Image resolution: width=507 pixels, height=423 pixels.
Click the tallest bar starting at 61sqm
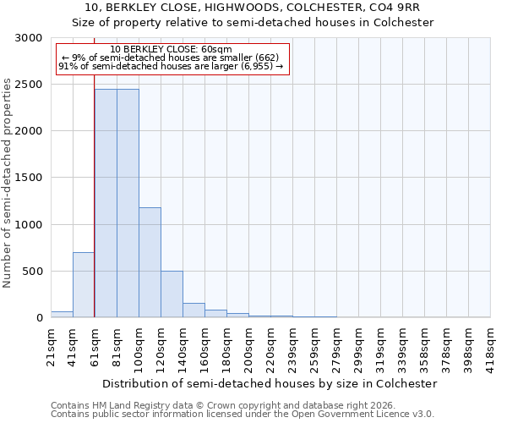(106, 203)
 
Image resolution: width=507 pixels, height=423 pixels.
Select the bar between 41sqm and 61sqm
(84, 285)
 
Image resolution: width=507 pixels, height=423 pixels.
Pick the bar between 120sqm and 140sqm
(172, 294)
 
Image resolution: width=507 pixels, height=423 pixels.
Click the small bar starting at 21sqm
(62, 315)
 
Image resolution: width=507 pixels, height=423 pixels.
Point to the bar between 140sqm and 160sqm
(194, 310)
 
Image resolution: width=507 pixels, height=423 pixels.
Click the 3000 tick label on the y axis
(28, 38)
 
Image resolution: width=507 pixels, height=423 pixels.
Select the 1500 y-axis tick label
(28, 178)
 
